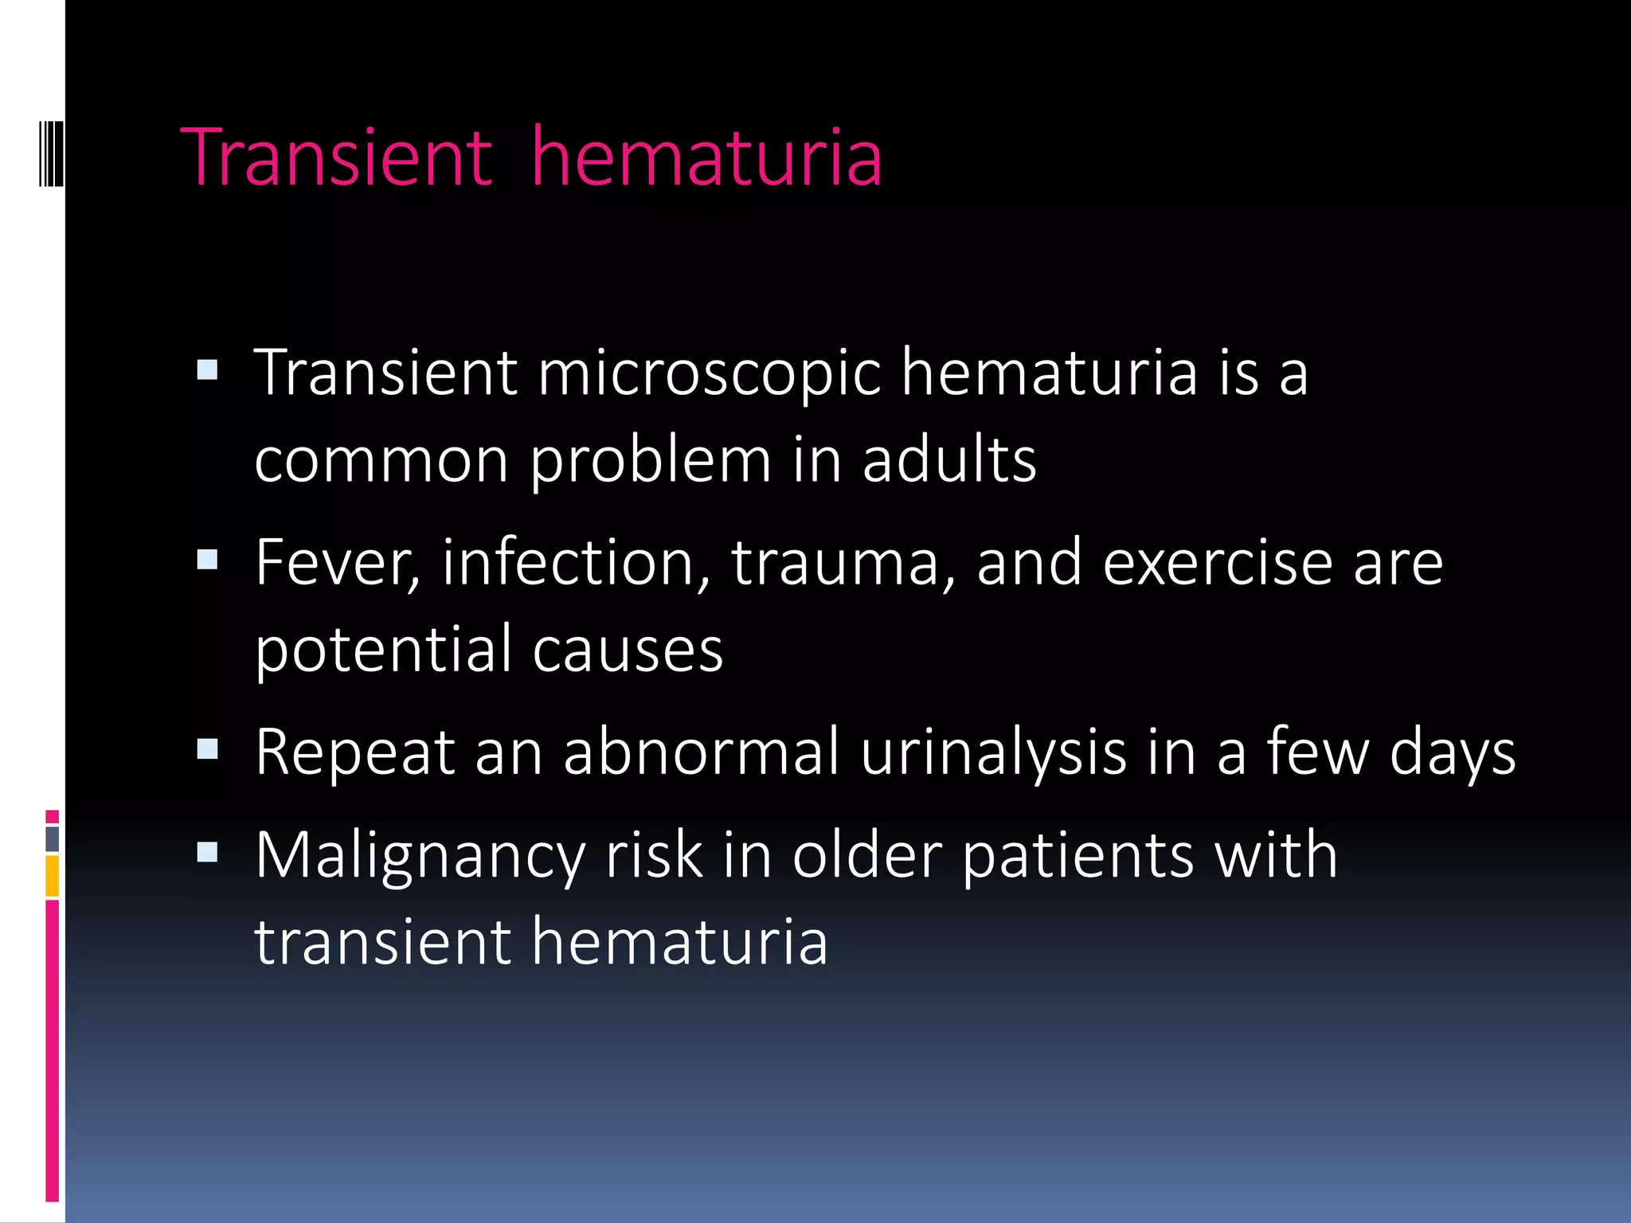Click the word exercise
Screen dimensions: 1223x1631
click(1218, 563)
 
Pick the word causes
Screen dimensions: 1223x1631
click(628, 649)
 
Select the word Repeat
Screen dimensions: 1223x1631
click(354, 752)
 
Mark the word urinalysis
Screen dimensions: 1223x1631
click(993, 752)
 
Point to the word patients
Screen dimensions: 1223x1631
click(1078, 856)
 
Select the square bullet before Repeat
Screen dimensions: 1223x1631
click(207, 749)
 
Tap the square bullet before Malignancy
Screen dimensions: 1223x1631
click(207, 853)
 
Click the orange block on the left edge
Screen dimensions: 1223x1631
click(53, 875)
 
